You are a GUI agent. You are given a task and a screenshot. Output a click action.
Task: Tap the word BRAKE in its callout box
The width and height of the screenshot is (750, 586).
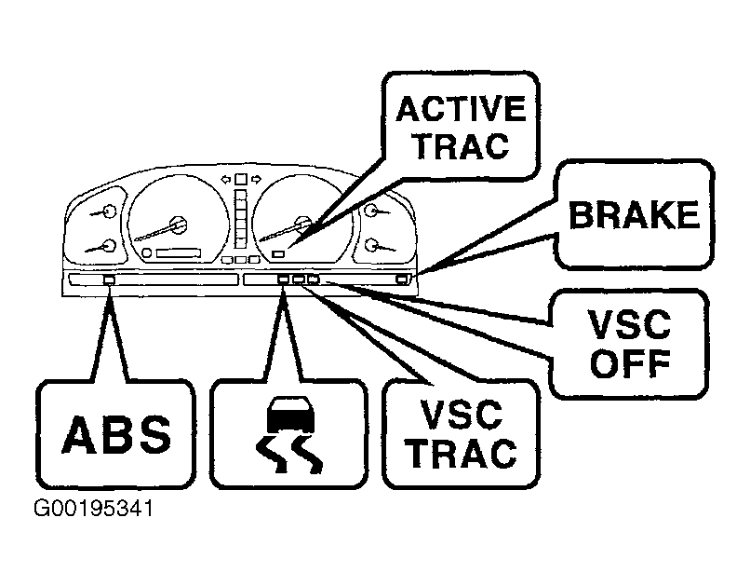pos(635,214)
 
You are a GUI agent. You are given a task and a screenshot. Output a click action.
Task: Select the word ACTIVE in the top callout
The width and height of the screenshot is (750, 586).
pos(462,109)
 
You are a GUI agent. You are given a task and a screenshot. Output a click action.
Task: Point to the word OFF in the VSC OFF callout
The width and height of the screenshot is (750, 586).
pos(630,364)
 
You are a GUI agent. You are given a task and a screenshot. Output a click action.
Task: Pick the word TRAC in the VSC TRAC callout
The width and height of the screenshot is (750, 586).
pos(462,454)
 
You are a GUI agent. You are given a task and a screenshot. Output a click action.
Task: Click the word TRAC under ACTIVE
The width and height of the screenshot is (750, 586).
pos(462,145)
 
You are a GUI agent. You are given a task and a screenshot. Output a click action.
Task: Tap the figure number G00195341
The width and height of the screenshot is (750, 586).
pos(94,509)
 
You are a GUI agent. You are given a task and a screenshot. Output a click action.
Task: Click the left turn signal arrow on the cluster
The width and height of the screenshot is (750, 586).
pos(226,180)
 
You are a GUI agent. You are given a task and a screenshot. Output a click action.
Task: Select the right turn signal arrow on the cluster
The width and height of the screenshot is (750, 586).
pos(257,180)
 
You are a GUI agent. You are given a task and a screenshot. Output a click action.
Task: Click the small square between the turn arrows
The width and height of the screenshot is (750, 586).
pos(241,179)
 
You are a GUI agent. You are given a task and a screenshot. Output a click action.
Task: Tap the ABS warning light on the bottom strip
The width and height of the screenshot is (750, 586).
pos(109,279)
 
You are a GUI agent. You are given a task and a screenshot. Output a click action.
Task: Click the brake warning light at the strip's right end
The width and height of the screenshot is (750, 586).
pos(402,279)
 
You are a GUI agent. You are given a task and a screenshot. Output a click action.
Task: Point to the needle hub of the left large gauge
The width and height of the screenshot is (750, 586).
pos(178,225)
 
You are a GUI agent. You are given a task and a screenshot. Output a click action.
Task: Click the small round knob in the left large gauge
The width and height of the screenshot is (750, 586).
pos(147,252)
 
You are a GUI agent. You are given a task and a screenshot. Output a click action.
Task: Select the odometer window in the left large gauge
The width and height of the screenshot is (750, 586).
pos(179,252)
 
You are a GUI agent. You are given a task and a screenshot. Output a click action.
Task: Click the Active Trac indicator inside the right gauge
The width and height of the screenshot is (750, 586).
pos(278,253)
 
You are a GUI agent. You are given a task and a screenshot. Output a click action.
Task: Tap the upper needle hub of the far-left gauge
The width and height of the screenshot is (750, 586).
pos(110,211)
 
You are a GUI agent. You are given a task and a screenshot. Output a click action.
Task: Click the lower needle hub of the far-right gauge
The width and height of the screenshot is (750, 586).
pos(371,245)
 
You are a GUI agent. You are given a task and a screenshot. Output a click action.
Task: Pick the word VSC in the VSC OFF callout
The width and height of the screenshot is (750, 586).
pos(629,324)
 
